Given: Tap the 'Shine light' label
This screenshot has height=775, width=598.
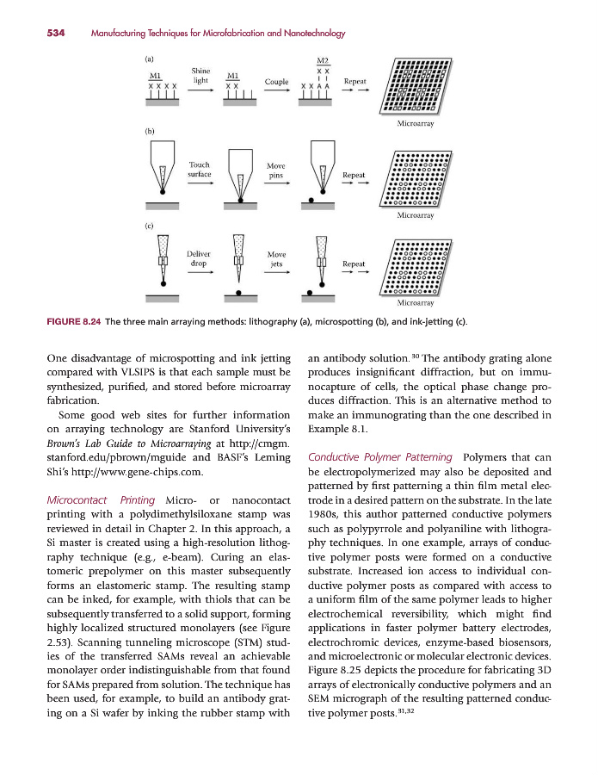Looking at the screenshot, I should (x=200, y=75).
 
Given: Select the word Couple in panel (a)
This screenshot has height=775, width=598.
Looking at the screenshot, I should (x=276, y=82).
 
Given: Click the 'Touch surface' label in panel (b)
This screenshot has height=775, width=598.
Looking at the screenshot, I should (x=199, y=170).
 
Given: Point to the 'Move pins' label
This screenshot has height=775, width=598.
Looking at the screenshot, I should (x=276, y=170).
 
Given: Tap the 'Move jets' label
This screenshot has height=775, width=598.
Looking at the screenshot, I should (x=276, y=260).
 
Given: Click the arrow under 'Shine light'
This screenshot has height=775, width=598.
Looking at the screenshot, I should (x=200, y=90).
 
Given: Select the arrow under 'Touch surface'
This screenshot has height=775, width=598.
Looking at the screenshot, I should (x=200, y=183).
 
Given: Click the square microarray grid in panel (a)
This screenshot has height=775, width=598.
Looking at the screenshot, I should (x=415, y=86).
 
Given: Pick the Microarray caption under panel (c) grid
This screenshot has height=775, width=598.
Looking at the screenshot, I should (x=415, y=304).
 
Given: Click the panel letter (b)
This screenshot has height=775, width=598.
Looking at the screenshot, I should (x=150, y=132).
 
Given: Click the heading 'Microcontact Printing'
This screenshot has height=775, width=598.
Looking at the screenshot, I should (x=101, y=501).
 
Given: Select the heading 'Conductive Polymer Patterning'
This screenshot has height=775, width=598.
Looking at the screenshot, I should (x=379, y=456).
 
